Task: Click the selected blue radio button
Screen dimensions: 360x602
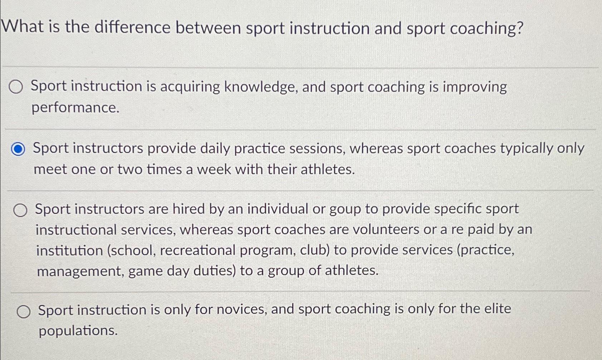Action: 18,149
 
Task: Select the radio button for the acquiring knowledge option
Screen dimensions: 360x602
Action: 16,87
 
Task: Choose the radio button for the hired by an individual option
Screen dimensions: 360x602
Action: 20,211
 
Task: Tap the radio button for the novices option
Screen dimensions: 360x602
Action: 24,312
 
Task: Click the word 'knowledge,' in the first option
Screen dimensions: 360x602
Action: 261,87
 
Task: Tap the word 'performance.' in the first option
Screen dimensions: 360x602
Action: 75,108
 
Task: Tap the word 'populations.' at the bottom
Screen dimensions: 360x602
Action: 78,331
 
